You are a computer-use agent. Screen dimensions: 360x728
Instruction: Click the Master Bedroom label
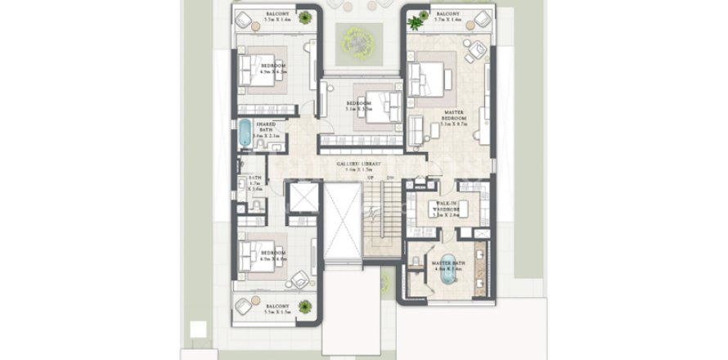[x=455, y=116]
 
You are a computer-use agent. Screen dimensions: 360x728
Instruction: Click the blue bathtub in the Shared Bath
[x=245, y=133]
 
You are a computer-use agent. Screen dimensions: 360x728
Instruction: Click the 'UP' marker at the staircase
[x=371, y=178]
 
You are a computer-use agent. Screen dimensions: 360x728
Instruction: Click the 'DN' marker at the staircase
[x=391, y=178]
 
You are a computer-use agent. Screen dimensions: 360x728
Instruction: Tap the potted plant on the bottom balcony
[x=304, y=307]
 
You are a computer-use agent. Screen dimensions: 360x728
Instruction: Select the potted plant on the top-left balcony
[x=304, y=16]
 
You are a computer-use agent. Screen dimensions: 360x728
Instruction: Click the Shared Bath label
[x=265, y=128]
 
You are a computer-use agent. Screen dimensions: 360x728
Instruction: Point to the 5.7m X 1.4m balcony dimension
[x=447, y=21]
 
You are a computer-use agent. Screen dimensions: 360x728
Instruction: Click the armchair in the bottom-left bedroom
[x=299, y=280]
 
